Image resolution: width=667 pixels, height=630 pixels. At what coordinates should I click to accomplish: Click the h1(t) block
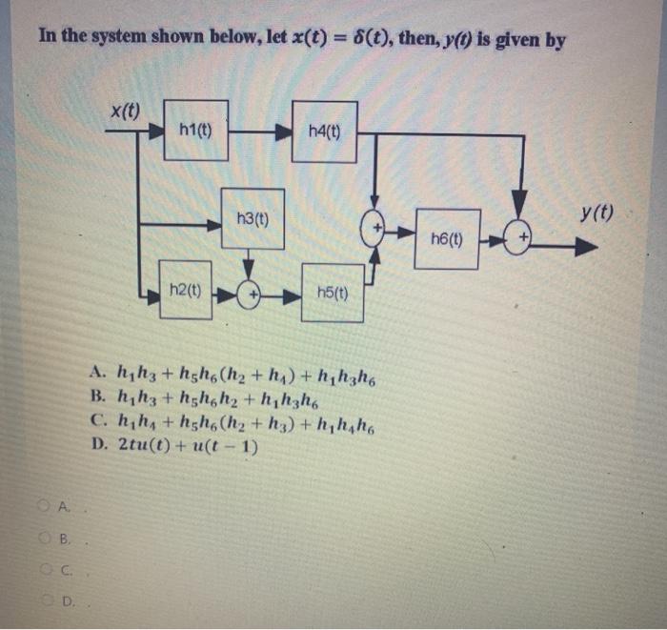[194, 130]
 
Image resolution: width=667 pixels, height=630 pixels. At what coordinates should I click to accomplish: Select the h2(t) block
[185, 289]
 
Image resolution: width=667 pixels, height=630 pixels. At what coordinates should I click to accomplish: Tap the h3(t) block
[252, 219]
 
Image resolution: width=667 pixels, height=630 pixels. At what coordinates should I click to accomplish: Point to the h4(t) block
[324, 131]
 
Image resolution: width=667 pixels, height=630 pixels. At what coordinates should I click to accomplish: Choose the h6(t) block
[448, 238]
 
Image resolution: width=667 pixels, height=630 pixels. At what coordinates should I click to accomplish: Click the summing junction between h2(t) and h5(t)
[250, 294]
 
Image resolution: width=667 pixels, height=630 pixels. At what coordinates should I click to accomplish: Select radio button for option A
[45, 505]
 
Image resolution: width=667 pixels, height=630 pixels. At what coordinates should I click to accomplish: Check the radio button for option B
[45, 538]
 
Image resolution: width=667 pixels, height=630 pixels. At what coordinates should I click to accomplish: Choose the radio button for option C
[45, 569]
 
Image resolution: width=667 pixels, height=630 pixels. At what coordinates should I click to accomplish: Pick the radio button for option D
[45, 601]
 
